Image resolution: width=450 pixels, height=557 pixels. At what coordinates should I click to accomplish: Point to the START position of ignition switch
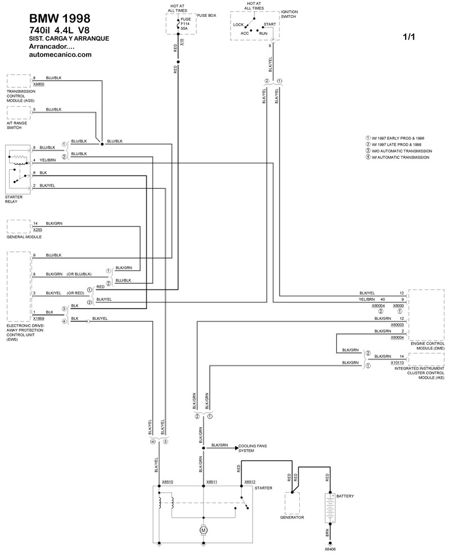(x=269, y=25)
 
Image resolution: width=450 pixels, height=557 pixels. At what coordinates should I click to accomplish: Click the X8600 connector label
(x=39, y=83)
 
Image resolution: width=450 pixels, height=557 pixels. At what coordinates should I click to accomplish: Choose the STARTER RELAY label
(x=13, y=200)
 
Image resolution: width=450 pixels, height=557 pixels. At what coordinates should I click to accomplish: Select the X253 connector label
(x=38, y=230)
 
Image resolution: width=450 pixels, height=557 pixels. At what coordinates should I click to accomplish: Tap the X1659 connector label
(x=39, y=318)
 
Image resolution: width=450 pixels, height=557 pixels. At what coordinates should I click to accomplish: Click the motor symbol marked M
(x=204, y=529)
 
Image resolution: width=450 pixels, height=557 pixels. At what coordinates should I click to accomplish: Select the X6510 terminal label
(x=168, y=482)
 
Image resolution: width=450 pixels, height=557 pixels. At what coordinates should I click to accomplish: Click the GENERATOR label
(x=292, y=517)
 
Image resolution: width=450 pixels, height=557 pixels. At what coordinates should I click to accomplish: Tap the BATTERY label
(x=345, y=496)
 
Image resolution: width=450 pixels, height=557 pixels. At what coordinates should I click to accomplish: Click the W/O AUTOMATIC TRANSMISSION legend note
(x=400, y=151)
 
